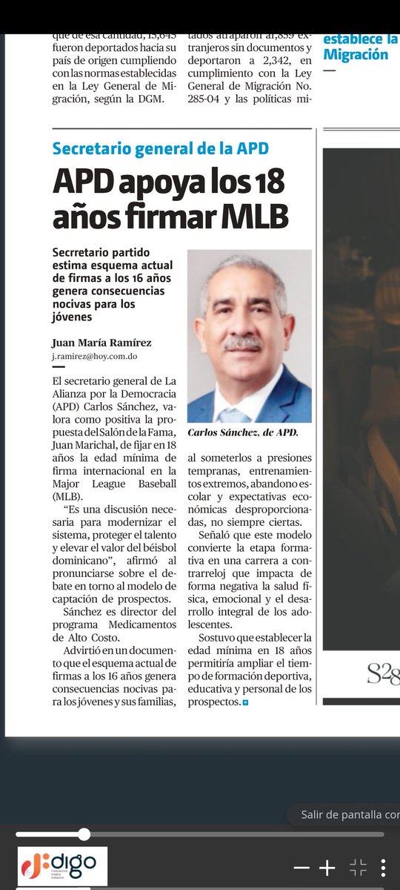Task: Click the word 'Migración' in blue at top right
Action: click(x=356, y=54)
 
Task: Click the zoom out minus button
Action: click(x=301, y=867)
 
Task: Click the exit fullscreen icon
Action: click(x=358, y=867)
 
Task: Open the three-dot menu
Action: click(x=383, y=867)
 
